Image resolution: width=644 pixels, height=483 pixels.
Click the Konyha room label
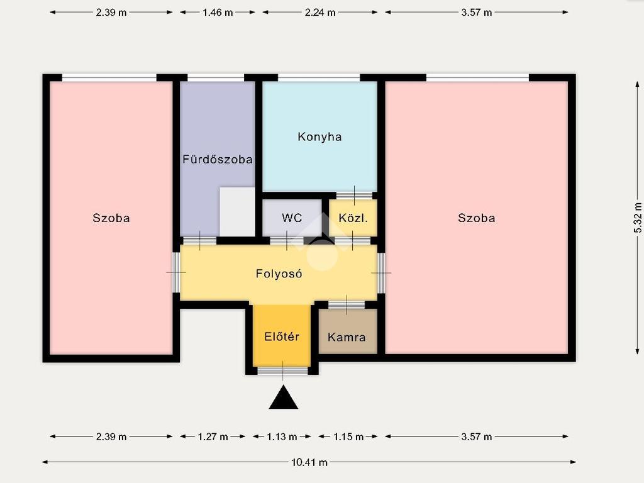[x=319, y=136]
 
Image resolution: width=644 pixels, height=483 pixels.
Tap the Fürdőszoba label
[x=217, y=159]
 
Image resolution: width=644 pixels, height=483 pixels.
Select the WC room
[x=292, y=218]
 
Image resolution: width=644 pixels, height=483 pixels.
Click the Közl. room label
[x=353, y=218]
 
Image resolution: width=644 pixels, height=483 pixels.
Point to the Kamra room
[x=348, y=331]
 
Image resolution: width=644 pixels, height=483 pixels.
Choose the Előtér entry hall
[x=282, y=335]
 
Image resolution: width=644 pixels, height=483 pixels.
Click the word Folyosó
[x=279, y=274]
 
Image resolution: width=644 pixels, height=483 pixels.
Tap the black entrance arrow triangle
[x=284, y=397]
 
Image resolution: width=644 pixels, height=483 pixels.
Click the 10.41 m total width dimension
[x=309, y=462]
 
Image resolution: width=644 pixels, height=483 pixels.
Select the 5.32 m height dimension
[x=638, y=218]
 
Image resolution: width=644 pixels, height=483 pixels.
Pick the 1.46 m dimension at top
[x=218, y=13]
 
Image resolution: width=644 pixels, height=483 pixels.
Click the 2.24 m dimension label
[x=320, y=13]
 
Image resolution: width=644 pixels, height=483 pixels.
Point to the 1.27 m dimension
[x=213, y=436]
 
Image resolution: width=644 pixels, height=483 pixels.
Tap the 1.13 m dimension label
[x=282, y=436]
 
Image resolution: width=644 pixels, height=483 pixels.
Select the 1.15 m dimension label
[x=348, y=436]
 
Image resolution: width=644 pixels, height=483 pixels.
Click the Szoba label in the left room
[x=111, y=218]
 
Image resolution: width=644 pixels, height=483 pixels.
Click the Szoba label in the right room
[x=477, y=218]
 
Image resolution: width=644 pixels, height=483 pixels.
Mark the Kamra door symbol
[x=347, y=305]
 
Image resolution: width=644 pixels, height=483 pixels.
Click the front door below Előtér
[x=282, y=371]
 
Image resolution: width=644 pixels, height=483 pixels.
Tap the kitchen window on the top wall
[x=319, y=77]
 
